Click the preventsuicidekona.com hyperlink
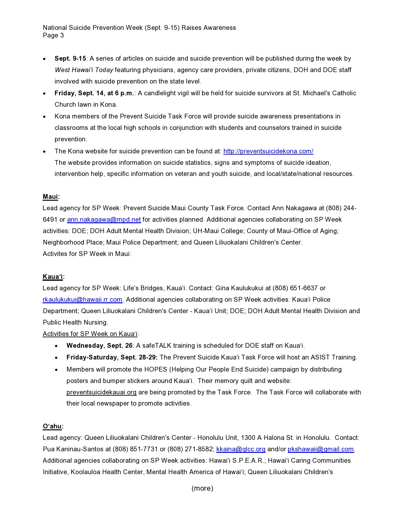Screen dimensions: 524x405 pyautogui.click(x=268, y=151)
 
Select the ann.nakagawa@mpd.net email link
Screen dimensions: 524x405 pyautogui.click(x=104, y=219)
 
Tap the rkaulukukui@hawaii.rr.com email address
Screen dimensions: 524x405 pyautogui.click(x=83, y=299)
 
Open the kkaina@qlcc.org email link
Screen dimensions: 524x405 pyautogui.click(x=241, y=449)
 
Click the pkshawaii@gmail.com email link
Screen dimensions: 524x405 pyautogui.click(x=321, y=449)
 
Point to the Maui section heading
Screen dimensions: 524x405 pyautogui.click(x=51, y=197)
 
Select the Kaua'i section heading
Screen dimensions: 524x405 pyautogui.click(x=53, y=277)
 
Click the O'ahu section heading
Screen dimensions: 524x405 pyautogui.click(x=52, y=426)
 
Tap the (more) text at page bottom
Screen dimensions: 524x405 pyautogui.click(x=202, y=488)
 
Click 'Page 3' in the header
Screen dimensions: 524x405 pyautogui.click(x=53, y=35)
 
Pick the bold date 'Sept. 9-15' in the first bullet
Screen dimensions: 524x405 pyautogui.click(x=70, y=58)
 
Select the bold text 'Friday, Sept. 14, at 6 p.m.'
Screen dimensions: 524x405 pyautogui.click(x=94, y=93)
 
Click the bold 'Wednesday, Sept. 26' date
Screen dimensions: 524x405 pyautogui.click(x=99, y=346)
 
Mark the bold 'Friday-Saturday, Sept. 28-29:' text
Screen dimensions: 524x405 pyautogui.click(x=112, y=357)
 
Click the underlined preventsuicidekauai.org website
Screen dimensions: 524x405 pyautogui.click(x=101, y=392)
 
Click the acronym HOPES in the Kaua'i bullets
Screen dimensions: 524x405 pyautogui.click(x=156, y=369)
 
